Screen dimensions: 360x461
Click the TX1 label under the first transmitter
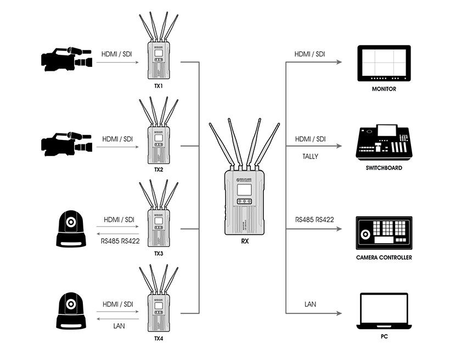click(x=159, y=86)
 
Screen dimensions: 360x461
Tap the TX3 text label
click(x=159, y=254)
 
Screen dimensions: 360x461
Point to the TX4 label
click(x=159, y=339)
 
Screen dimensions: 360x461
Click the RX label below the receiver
click(x=244, y=241)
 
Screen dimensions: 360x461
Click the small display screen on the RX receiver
click(x=244, y=190)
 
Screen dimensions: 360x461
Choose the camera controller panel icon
click(x=384, y=232)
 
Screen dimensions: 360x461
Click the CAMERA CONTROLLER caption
click(x=384, y=257)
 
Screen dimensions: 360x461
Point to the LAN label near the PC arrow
click(x=310, y=304)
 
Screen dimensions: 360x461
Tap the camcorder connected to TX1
click(x=66, y=59)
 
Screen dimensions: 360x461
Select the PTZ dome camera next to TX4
click(x=71, y=312)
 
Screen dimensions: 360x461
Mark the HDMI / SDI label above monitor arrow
click(x=310, y=54)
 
